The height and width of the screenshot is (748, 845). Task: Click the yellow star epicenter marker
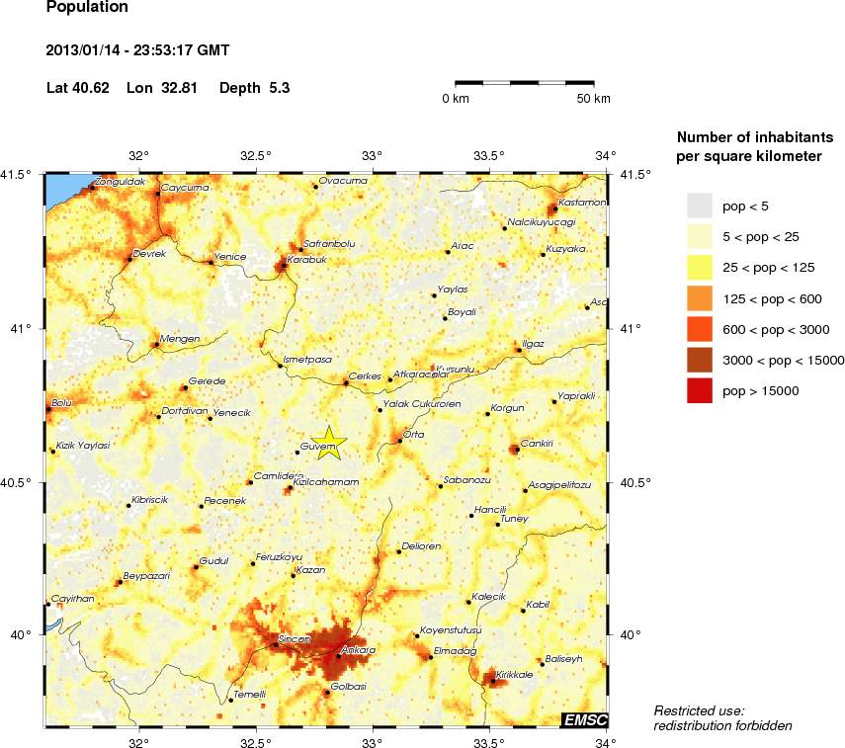tap(329, 445)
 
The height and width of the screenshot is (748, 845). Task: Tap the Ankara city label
tap(358, 650)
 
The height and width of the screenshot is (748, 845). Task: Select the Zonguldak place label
tap(121, 183)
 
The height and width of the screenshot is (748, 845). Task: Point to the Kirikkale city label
tap(515, 674)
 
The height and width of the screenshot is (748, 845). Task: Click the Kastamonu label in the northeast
tap(581, 202)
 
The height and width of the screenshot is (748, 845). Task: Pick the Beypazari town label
tap(146, 575)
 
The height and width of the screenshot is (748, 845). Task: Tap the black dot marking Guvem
tap(297, 452)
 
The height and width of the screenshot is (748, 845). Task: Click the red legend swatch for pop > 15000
tap(700, 391)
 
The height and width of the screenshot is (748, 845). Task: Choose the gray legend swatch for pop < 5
tap(700, 205)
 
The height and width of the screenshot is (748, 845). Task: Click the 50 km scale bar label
tap(594, 99)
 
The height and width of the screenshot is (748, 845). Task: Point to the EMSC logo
tap(585, 720)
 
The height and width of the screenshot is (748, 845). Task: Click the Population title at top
tap(87, 8)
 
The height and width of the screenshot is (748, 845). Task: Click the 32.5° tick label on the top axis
tap(255, 155)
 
